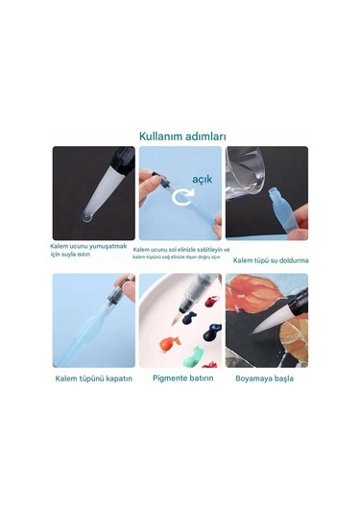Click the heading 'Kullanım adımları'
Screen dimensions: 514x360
(x=182, y=136)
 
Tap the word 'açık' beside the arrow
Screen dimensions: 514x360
(x=201, y=179)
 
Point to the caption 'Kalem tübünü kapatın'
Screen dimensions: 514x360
(x=93, y=378)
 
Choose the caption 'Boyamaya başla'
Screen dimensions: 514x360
(x=266, y=378)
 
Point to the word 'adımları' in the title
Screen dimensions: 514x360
(x=204, y=136)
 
